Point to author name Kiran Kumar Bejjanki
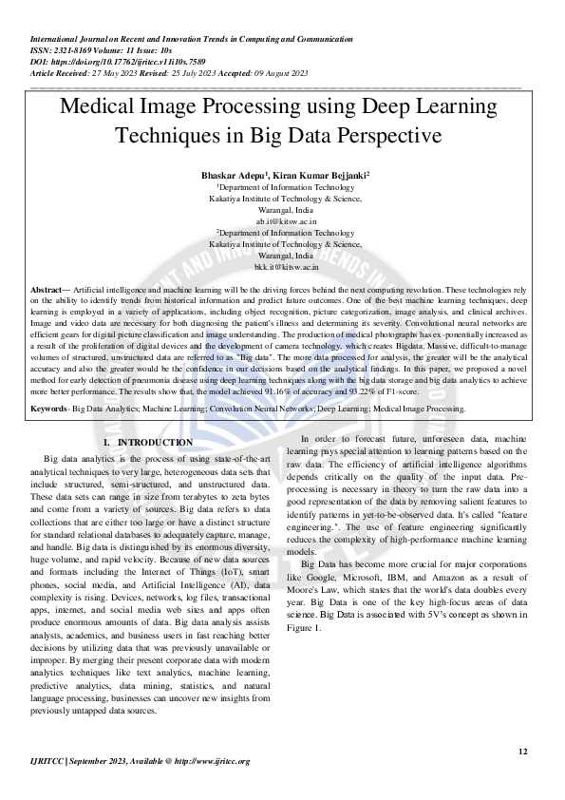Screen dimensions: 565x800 pos(322,176)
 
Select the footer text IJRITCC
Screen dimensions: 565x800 pos(50,761)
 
